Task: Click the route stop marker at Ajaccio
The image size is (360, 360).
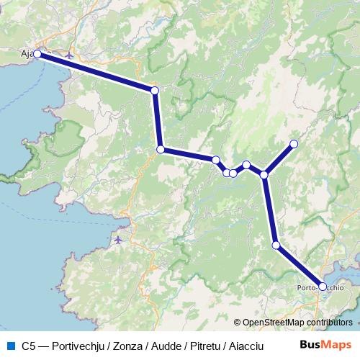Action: pos(37,54)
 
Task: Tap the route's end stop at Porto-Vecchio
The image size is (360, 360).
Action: pos(322,287)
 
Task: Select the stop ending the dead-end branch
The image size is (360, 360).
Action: pos(294,144)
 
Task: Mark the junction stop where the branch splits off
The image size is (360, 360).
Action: pos(264,174)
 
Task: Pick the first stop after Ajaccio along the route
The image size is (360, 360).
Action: pos(154,90)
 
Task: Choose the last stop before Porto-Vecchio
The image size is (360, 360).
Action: pos(276,246)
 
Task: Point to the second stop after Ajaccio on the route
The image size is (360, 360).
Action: pos(161,150)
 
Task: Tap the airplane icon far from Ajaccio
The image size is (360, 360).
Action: pos(119,238)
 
